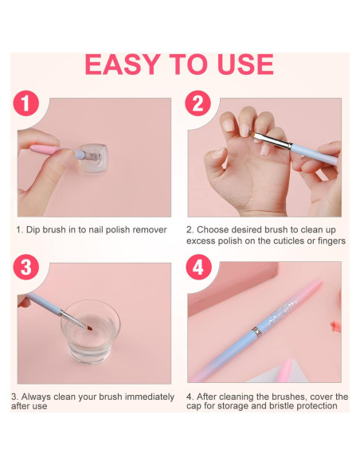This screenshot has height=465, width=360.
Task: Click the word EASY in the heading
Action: pyautogui.click(x=123, y=64)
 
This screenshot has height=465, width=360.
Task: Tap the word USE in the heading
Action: pyautogui.click(x=245, y=64)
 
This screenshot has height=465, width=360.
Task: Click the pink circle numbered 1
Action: pyautogui.click(x=26, y=104)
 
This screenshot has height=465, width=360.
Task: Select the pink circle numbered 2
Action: pyautogui.click(x=198, y=104)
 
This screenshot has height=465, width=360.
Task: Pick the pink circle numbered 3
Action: pyautogui.click(x=26, y=267)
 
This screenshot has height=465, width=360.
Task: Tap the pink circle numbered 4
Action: pyautogui.click(x=198, y=267)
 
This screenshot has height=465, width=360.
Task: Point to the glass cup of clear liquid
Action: pyautogui.click(x=90, y=331)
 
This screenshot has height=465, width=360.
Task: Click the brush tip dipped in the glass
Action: pyautogui.click(x=88, y=328)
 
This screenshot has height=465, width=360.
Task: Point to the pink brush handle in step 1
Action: pyautogui.click(x=45, y=149)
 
